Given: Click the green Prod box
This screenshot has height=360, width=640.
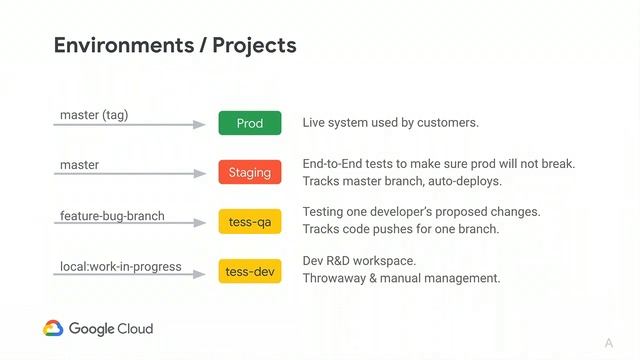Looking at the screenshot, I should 249,123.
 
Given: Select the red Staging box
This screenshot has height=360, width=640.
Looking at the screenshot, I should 249,172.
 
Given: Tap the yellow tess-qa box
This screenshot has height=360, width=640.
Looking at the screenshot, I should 249,221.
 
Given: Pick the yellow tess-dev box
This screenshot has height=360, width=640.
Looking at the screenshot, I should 249,271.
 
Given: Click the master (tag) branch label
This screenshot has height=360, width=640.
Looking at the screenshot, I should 94,115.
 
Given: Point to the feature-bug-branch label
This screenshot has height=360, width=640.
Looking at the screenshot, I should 112,215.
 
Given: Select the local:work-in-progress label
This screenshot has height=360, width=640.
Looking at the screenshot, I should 120,266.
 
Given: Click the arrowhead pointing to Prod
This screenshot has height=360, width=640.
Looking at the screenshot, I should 200,125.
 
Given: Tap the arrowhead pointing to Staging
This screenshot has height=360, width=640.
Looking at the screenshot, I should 200,174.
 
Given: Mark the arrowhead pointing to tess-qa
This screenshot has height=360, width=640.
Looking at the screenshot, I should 200,224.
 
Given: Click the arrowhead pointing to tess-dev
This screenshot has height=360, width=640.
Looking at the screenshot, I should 200,274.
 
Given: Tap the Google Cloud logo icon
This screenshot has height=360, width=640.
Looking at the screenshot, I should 53,328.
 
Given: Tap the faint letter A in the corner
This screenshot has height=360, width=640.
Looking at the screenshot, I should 608,344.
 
